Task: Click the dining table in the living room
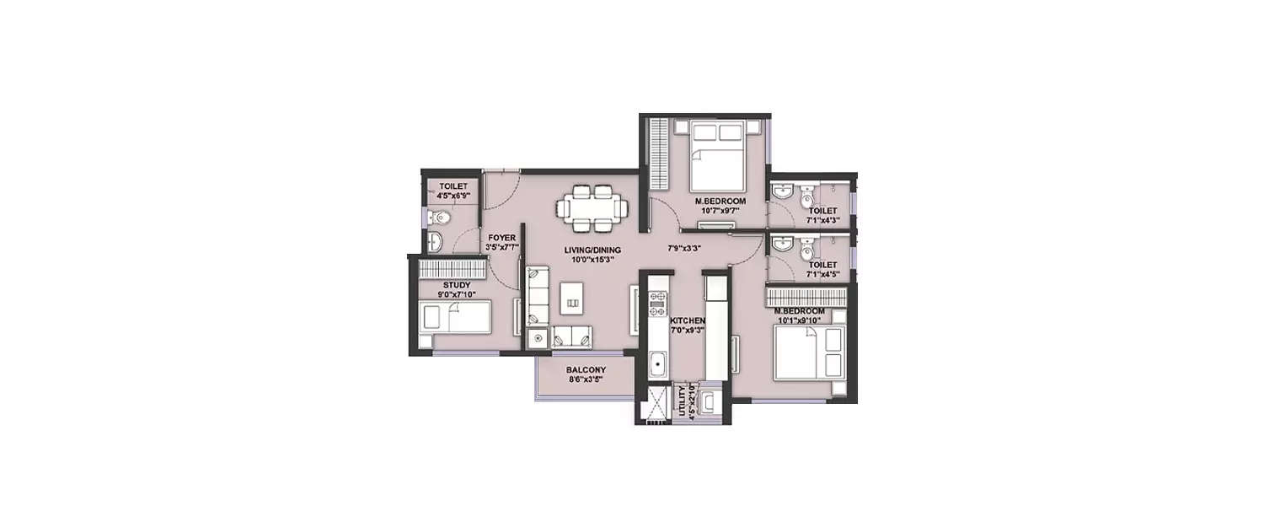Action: pyautogui.click(x=595, y=207)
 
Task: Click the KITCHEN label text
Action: pyautogui.click(x=687, y=321)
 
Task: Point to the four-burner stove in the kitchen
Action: pyautogui.click(x=657, y=302)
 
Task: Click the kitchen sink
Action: pyautogui.click(x=657, y=364)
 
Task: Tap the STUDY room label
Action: pyautogui.click(x=456, y=285)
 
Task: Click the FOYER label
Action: pyautogui.click(x=501, y=238)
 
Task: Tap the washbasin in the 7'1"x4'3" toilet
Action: pyautogui.click(x=783, y=193)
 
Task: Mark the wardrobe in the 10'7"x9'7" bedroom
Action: pyautogui.click(x=659, y=154)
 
